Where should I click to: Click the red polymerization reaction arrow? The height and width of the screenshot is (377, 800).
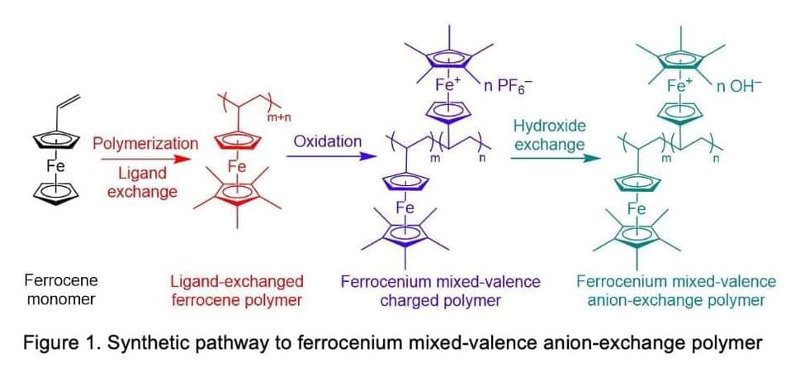tap(145, 160)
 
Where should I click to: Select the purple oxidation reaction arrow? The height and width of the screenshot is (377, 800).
tap(328, 156)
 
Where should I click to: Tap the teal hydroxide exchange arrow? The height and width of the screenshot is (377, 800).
tap(555, 158)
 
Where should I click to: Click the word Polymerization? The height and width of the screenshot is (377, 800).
tap(145, 144)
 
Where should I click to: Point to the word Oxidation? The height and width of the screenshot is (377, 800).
tap(328, 141)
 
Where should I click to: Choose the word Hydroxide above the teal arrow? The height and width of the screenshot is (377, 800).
tap(548, 126)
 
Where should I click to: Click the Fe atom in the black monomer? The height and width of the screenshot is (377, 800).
tap(55, 166)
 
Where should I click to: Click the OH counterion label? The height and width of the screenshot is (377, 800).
tap(734, 85)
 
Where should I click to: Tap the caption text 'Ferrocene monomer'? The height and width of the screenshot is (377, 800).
tap(61, 289)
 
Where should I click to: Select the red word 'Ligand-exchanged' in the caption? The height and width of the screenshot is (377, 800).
tap(237, 281)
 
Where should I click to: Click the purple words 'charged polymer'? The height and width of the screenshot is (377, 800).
tap(440, 300)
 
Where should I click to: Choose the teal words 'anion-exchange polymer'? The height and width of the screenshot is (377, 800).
tap(676, 300)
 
